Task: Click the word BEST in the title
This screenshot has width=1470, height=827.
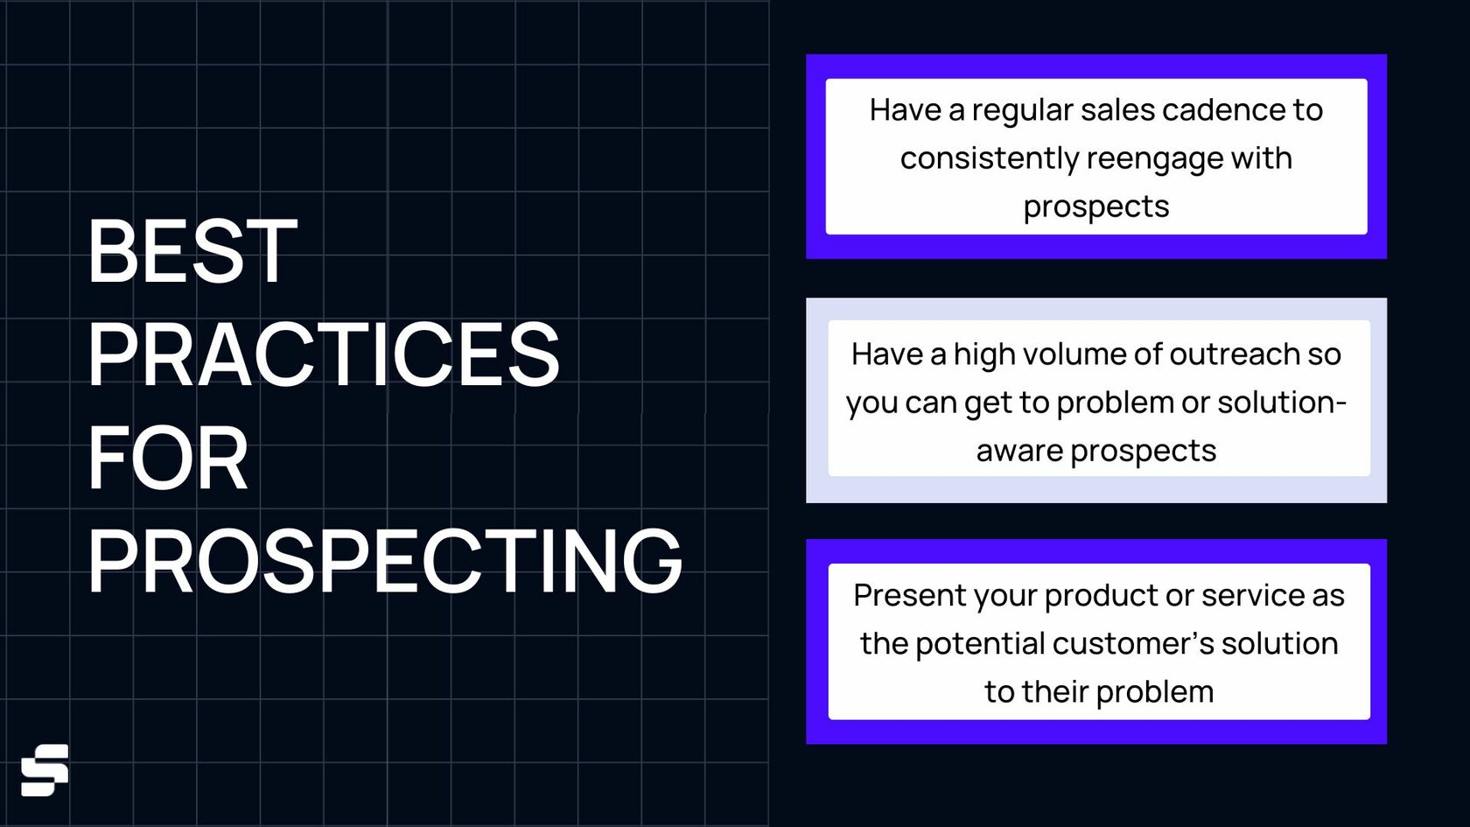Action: [x=192, y=250]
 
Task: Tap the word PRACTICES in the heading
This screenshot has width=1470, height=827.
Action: [x=324, y=354]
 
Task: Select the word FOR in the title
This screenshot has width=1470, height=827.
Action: [x=168, y=457]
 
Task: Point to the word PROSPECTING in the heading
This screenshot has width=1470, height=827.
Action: [x=385, y=560]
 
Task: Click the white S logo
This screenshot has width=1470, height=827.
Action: [x=45, y=770]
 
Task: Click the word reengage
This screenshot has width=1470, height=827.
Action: [x=1153, y=160]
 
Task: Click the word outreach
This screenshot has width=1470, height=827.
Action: [x=1234, y=354]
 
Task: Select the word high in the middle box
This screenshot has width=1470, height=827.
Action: [x=983, y=355]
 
